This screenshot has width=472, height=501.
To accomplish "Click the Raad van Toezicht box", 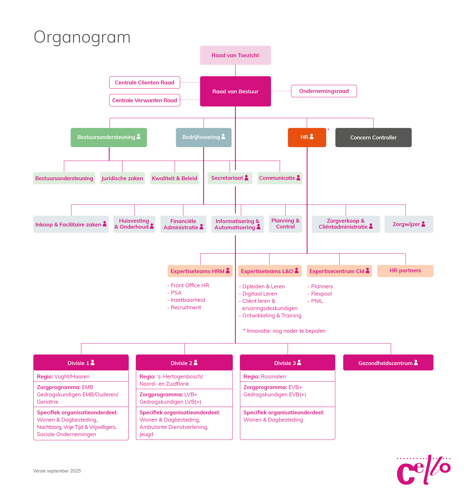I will (x=235, y=55).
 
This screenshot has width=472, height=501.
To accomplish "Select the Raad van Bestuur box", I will (x=235, y=91).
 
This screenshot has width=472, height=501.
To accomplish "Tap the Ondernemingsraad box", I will (x=324, y=91).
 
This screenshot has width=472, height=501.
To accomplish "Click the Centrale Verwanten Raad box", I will (x=144, y=100).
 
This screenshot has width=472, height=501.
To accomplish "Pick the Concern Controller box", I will (x=373, y=137).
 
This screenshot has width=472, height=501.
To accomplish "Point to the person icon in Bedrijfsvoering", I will (x=223, y=137).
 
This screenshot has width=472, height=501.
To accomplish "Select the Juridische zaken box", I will (x=122, y=178).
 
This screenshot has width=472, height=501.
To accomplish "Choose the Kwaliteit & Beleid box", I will (x=174, y=178).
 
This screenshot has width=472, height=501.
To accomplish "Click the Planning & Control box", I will (x=285, y=224).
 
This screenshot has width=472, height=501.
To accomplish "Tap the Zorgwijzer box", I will (x=409, y=224).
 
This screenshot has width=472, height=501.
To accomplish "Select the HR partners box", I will (x=405, y=271).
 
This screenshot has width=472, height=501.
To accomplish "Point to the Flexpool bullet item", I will (x=321, y=294).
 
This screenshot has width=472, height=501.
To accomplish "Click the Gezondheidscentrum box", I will (x=388, y=363).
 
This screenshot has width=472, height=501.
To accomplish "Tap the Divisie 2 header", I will (x=184, y=363).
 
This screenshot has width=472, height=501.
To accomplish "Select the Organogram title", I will (x=82, y=37).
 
